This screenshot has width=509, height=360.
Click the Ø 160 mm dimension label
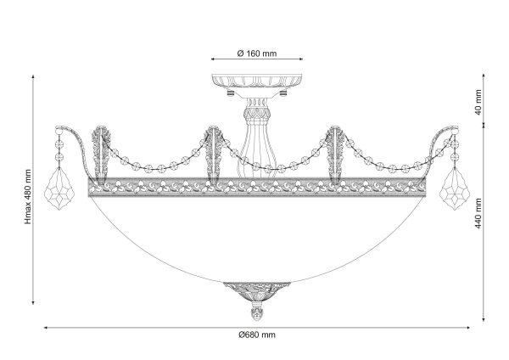[257, 53]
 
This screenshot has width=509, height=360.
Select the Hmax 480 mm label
[28, 197]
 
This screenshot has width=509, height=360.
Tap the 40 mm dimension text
[478, 103]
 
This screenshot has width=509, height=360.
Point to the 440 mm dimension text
[478, 213]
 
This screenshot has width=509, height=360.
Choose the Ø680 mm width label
[257, 335]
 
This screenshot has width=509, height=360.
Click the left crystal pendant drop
[59, 188]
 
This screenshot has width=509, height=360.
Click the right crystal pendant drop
[455, 188]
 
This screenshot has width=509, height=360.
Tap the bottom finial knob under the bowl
[256, 312]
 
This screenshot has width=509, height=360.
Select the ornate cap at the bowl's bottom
[256, 292]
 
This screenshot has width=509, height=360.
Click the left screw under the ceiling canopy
[231, 93]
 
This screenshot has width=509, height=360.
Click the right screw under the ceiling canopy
[283, 93]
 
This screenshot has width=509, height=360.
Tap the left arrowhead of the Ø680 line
[46, 328]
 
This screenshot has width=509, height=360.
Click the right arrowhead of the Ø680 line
[467, 328]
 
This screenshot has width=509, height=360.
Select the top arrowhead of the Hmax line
[33, 77]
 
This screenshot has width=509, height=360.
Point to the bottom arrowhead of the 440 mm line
[484, 320]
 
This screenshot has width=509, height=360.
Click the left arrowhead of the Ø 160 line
[213, 59]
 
